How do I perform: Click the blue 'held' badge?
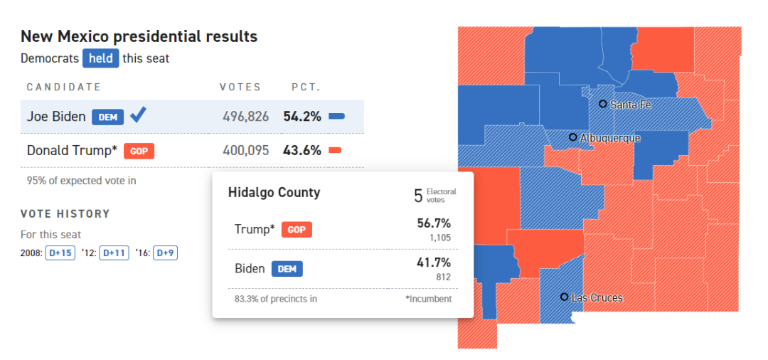point(100,58)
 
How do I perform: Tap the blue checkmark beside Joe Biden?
point(139,115)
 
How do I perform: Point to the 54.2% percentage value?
point(302,116)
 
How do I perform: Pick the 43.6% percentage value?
point(302,150)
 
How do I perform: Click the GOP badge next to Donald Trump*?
point(139,151)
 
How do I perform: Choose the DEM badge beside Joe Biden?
point(107,117)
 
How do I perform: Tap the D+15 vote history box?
point(60,253)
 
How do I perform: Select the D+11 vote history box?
point(114,253)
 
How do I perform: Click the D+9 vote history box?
point(165,253)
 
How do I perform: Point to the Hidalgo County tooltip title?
point(274,193)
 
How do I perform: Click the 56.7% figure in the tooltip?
point(434,223)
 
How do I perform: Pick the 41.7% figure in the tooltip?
point(434,263)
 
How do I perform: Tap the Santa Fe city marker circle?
point(603,104)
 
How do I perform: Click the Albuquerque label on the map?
point(610,138)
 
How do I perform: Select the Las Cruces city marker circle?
point(564,297)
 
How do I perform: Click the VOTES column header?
point(240,88)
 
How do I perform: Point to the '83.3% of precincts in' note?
point(276,299)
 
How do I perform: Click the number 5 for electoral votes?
point(418,196)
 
